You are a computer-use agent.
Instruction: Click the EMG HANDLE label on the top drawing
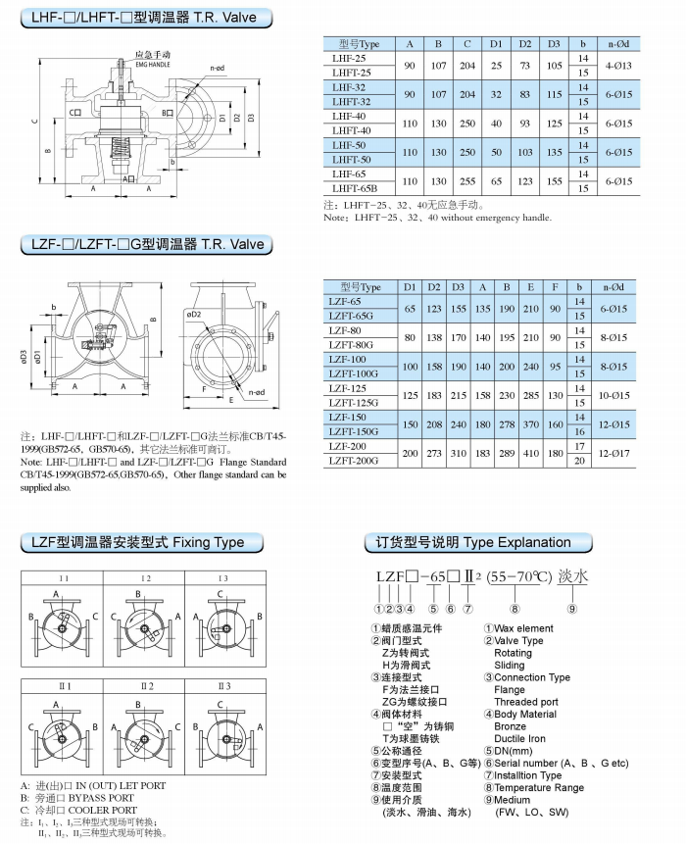point(152,61)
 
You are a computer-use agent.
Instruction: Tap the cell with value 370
point(529,424)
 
